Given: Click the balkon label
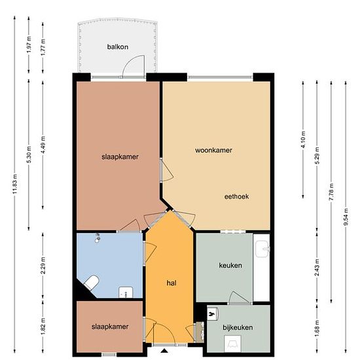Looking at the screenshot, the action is pyautogui.click(x=118, y=47).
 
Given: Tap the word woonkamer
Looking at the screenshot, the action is pyautogui.click(x=213, y=150).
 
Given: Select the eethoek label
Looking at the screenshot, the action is pyautogui.click(x=236, y=196).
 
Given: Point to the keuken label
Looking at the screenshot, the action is pyautogui.click(x=230, y=265).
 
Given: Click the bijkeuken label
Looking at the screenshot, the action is pyautogui.click(x=238, y=327).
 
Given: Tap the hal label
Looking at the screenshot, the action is pyautogui.click(x=171, y=283).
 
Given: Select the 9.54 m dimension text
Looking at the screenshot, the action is pyautogui.click(x=346, y=217).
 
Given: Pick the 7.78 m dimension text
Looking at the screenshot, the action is pyautogui.click(x=331, y=192).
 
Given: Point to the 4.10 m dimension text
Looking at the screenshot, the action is pyautogui.click(x=303, y=140).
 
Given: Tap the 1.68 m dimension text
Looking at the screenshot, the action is pyautogui.click(x=317, y=329).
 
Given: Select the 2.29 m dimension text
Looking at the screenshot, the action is pyautogui.click(x=43, y=265).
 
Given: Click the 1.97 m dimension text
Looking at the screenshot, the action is pyautogui.click(x=29, y=45).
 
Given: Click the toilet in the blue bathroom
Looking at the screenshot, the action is pyautogui.click(x=92, y=282).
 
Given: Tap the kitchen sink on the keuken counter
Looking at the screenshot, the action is pyautogui.click(x=262, y=249).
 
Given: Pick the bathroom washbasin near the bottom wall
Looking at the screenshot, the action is pyautogui.click(x=126, y=293).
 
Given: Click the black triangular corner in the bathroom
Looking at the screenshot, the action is pyautogui.click(x=83, y=291).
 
